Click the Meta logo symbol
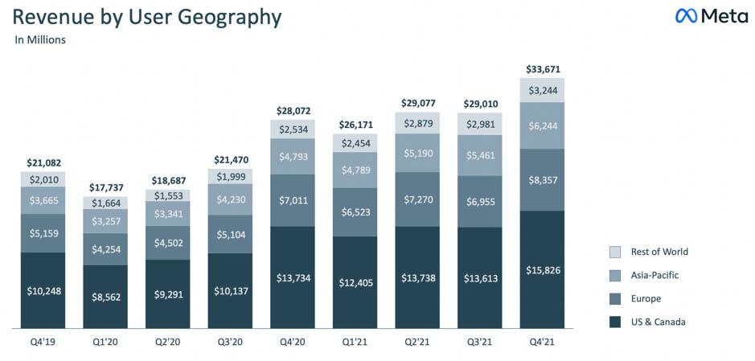point(686,16)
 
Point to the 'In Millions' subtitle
point(40,39)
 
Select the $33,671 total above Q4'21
point(542,69)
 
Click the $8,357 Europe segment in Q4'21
point(542,179)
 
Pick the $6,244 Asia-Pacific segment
point(542,125)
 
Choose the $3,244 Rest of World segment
point(542,90)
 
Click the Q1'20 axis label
point(105,343)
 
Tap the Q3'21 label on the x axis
point(479,343)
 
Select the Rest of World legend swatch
point(616,252)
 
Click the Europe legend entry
point(646,298)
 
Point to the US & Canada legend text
point(659,322)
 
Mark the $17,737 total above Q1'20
point(105,187)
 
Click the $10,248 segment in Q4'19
point(43,290)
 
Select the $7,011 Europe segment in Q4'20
point(293,200)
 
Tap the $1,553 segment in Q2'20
point(167,195)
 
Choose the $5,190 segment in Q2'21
point(417,152)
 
